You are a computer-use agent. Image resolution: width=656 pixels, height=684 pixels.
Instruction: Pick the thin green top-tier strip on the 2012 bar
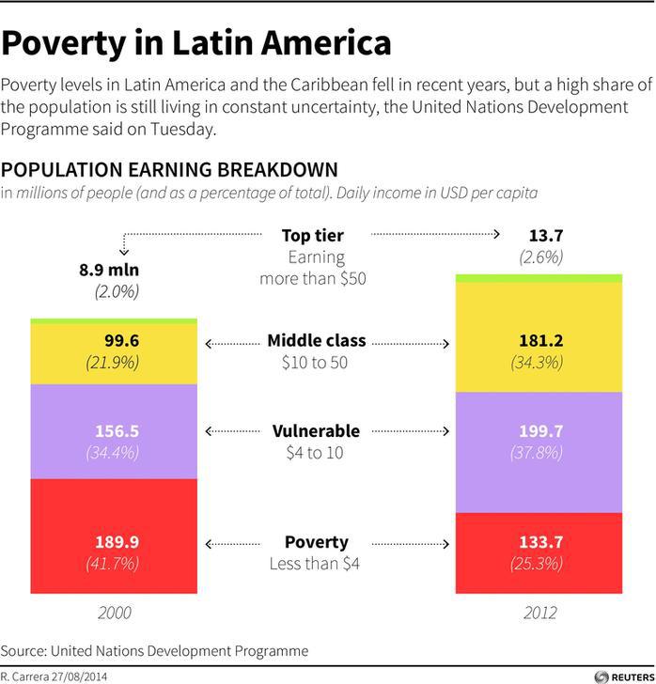539,278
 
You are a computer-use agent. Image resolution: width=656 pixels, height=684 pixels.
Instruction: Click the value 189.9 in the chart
117,541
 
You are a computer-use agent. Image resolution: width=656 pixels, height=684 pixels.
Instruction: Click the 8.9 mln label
108,270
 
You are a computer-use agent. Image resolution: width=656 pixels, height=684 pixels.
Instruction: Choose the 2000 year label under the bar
115,613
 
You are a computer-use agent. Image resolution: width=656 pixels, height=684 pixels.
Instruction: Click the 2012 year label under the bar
539,613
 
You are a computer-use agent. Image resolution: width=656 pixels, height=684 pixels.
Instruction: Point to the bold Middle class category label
316,340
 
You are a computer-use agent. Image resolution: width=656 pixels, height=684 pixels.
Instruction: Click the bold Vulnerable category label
316,430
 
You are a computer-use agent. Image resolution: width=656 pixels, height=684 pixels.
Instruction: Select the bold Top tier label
313,235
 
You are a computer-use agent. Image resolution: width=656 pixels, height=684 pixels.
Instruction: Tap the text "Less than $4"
316,564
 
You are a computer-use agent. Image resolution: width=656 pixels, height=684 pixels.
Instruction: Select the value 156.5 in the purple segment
117,430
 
